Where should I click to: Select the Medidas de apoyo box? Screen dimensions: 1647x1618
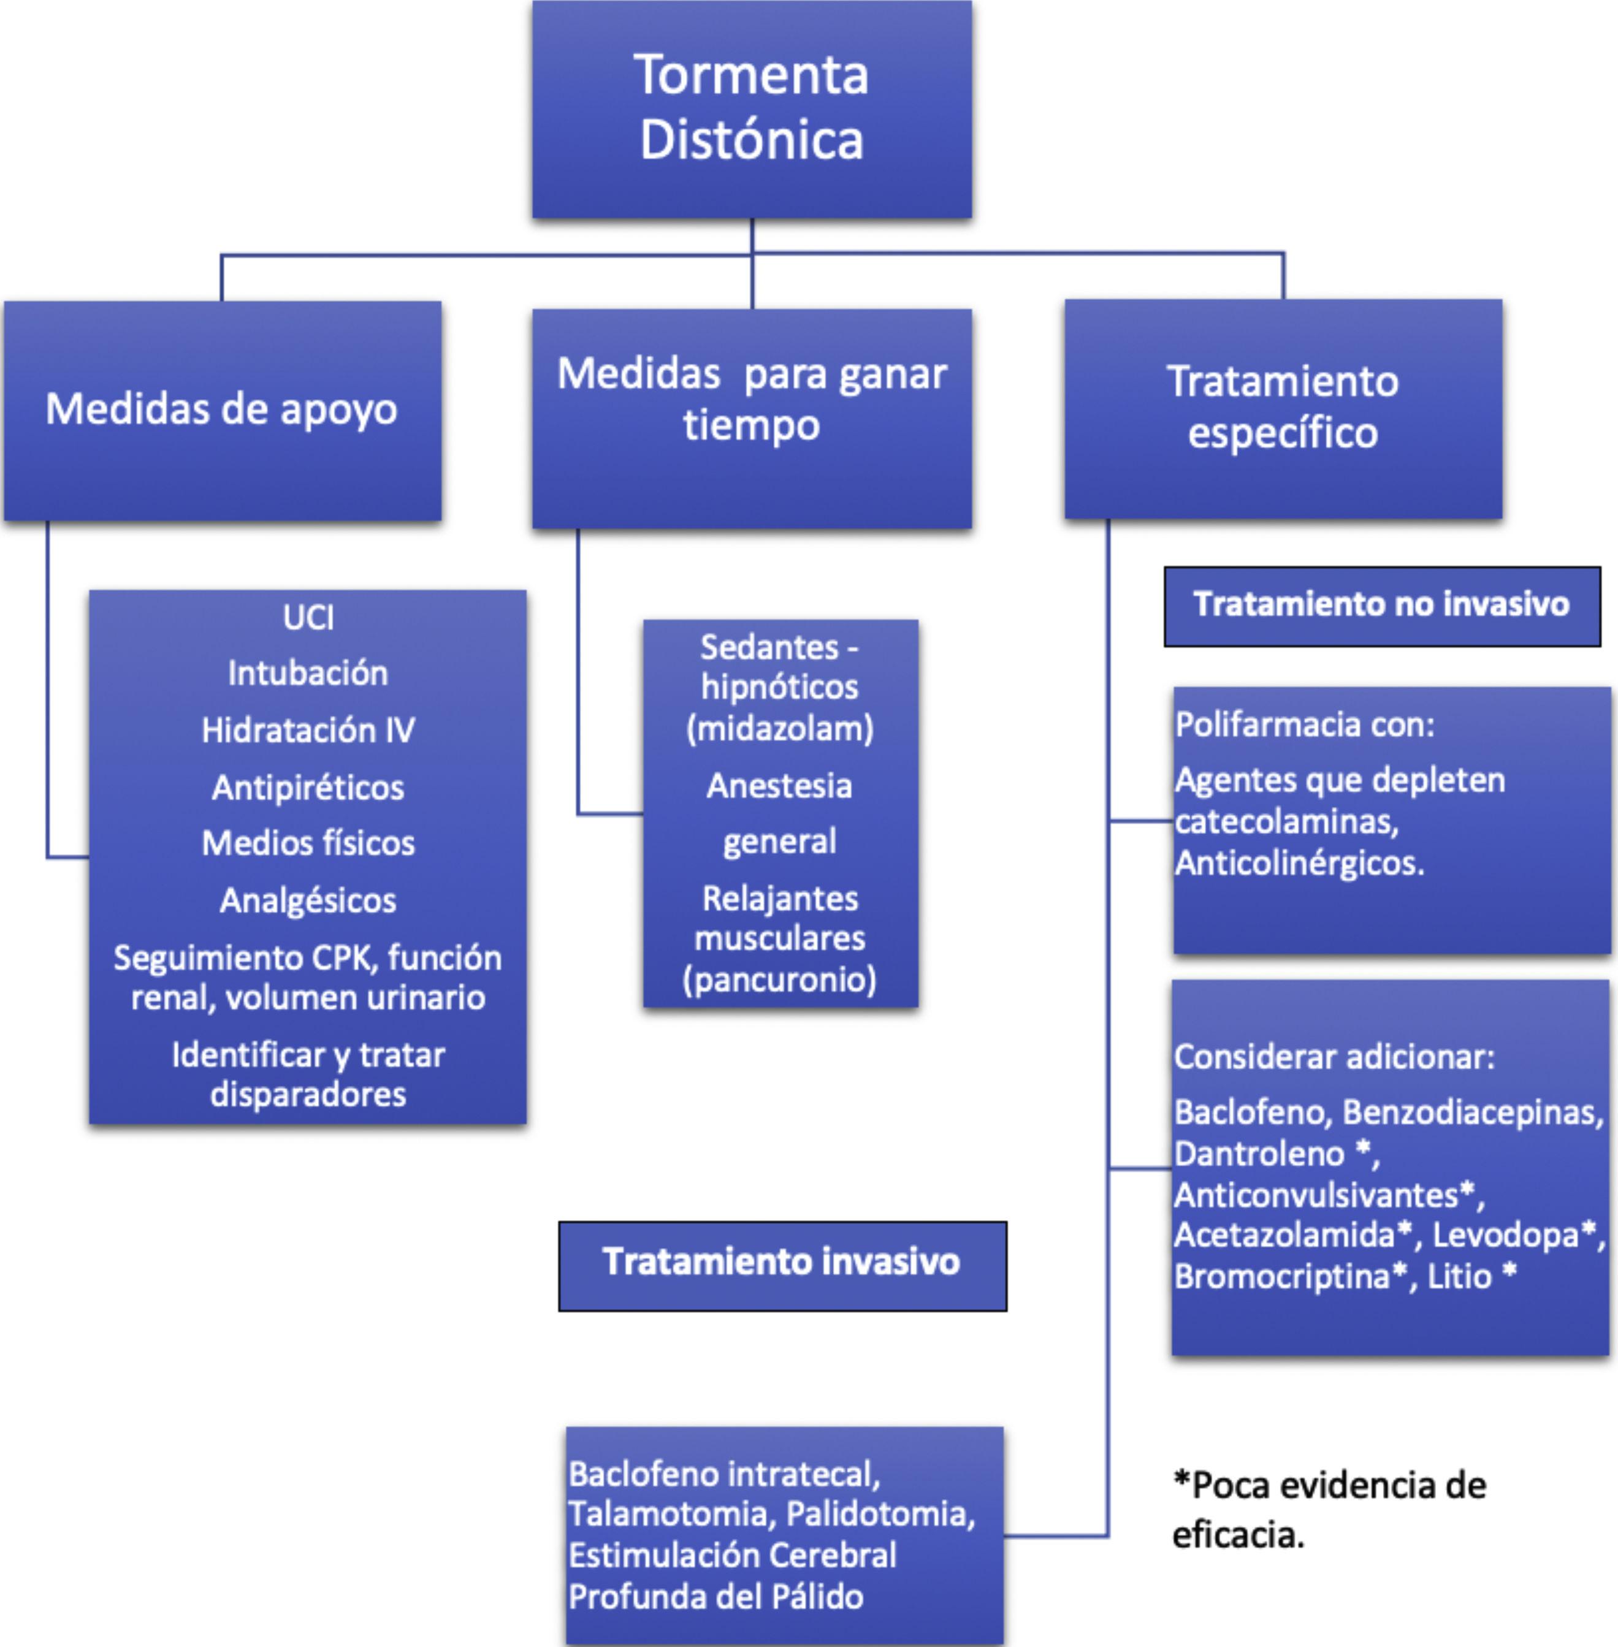click(x=222, y=410)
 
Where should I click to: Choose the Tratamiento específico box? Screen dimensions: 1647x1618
click(x=1283, y=408)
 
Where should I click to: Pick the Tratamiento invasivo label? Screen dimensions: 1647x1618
click(x=781, y=1262)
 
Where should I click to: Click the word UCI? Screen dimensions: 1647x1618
click(x=308, y=617)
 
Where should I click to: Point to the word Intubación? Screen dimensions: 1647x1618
click(x=308, y=674)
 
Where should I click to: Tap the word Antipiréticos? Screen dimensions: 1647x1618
click(x=308, y=788)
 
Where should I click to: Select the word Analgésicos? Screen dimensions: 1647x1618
click(x=308, y=900)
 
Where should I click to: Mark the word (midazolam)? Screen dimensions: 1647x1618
click(x=779, y=729)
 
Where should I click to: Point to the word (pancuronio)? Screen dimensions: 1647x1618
click(x=779, y=979)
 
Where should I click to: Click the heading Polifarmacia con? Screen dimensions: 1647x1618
click(x=1305, y=725)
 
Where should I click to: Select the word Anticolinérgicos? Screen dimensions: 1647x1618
click(x=1299, y=863)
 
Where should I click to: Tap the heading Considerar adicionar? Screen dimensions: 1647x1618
click(x=1334, y=1057)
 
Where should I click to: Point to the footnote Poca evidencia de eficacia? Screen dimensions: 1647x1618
click(x=1330, y=1510)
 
